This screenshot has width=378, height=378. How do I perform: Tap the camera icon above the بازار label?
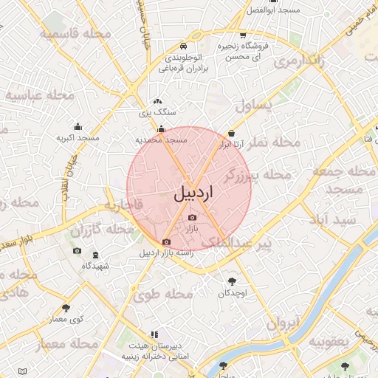tap(193, 217)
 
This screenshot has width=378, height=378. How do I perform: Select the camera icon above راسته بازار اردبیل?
tap(166, 242)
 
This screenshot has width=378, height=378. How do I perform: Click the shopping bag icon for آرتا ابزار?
tap(233, 133)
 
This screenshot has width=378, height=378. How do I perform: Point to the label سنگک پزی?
tap(157, 113)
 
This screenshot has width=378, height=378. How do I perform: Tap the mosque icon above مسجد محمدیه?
tap(161, 129)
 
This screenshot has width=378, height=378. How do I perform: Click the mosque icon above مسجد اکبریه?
tap(78, 126)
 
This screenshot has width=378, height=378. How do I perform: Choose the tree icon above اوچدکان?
tap(233, 281)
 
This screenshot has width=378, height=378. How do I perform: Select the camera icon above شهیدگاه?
tap(77, 252)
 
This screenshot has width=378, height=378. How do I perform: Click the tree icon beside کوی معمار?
tap(66, 308)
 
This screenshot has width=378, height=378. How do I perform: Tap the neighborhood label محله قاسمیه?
tap(75, 34)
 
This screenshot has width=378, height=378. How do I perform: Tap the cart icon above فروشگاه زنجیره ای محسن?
tap(243, 35)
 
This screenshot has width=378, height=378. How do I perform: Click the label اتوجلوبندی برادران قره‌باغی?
tap(187, 62)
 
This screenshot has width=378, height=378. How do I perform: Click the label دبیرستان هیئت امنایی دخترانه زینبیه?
tap(154, 351)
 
